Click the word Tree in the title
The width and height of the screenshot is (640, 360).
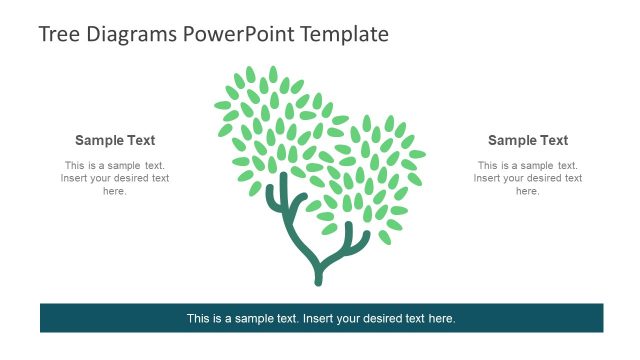pyautogui.click(x=58, y=34)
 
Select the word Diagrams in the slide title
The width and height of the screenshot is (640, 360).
pyautogui.click(x=130, y=34)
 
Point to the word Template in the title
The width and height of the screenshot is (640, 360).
pyautogui.click(x=343, y=34)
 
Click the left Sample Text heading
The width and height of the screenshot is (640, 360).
pyautogui.click(x=115, y=141)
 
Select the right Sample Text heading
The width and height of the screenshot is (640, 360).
pyautogui.click(x=528, y=141)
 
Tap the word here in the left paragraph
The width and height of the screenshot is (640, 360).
pyautogui.click(x=115, y=191)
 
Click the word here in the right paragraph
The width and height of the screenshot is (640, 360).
pyautogui.click(x=528, y=191)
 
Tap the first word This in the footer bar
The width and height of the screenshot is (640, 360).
pyautogui.click(x=198, y=319)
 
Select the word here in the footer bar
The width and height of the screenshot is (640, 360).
pyautogui.click(x=441, y=319)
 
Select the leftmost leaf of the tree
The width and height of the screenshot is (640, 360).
pyautogui.click(x=222, y=105)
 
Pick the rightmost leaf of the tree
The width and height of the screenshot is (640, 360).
pyautogui.click(x=417, y=154)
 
